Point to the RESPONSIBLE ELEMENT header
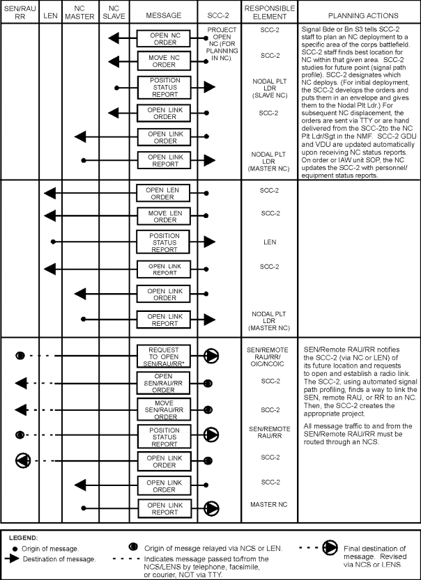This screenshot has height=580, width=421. pyautogui.click(x=268, y=15)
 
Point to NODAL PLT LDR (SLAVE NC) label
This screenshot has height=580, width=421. pyautogui.click(x=268, y=88)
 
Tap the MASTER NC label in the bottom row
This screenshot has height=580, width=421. pyautogui.click(x=268, y=503)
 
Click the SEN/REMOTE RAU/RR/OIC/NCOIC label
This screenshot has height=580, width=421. pyautogui.click(x=268, y=356)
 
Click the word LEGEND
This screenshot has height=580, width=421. pyautogui.click(x=24, y=538)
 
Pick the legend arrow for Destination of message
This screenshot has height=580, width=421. pyautogui.click(x=13, y=559)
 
